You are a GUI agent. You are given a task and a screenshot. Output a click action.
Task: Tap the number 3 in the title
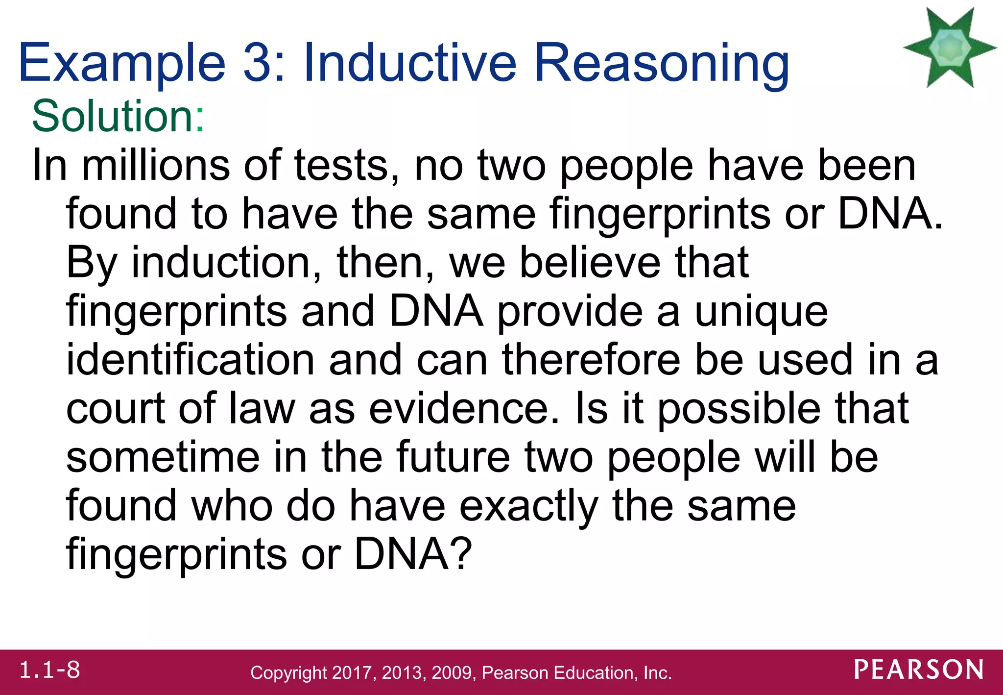(x=259, y=63)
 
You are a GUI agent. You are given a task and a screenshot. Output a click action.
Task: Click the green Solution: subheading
(x=118, y=116)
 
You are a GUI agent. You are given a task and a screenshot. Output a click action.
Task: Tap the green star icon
(x=950, y=48)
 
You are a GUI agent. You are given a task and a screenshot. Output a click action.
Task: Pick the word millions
(x=156, y=165)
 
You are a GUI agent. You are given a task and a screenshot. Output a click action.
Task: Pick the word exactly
(x=528, y=506)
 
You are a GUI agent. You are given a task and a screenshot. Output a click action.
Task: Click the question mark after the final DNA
(x=462, y=554)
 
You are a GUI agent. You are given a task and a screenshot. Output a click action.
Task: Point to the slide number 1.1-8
(x=49, y=670)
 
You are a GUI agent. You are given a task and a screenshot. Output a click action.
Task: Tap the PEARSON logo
(x=919, y=670)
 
